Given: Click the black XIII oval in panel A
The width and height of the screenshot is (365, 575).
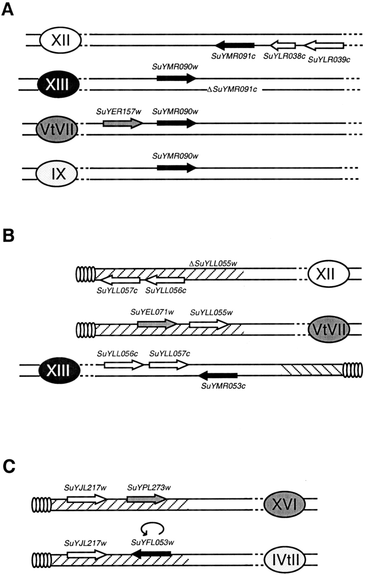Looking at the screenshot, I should pos(57,84).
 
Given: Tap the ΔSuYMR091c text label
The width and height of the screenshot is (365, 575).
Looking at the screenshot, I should pos(232,90).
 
